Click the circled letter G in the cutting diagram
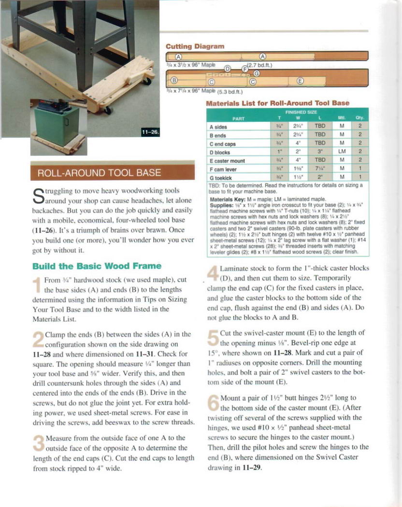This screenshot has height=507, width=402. tap(257, 73)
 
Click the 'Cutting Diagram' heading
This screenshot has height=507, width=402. tap(195, 46)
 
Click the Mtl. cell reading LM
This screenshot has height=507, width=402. tap(342, 152)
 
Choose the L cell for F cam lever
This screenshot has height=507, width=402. tap(320, 169)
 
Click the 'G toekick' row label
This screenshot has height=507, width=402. tap(222, 177)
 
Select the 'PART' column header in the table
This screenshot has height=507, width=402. tap(238, 117)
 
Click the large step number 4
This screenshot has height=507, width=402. tap(213, 274)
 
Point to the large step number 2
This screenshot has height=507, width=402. tap(38, 340)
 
